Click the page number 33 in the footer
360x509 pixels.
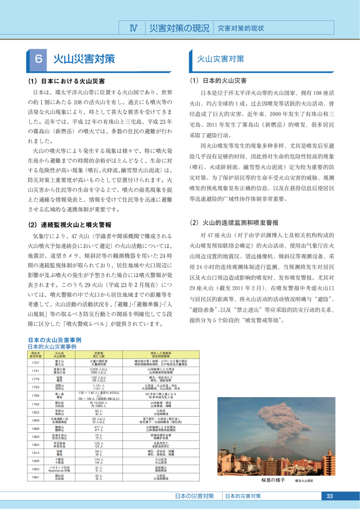pyautogui.click(x=329, y=496)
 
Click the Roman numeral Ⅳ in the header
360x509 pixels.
pyautogui.click(x=133, y=28)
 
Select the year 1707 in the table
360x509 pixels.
pyautogui.click(x=36, y=362)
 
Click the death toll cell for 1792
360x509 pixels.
pyautogui.click(x=98, y=404)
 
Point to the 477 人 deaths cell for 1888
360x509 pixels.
pyautogui.click(x=98, y=428)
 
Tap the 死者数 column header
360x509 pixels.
pyautogui.click(x=98, y=354)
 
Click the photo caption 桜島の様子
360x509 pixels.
pyautogui.click(x=273, y=480)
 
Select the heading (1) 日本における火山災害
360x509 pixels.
pyautogui.click(x=66, y=81)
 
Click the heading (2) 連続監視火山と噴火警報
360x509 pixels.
pyautogui.click(x=70, y=225)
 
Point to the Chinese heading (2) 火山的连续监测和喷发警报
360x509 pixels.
pyautogui.click(x=234, y=222)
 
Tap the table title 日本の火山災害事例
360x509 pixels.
pyautogui.click(x=54, y=340)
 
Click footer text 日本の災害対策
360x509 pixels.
pyautogui.click(x=194, y=496)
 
